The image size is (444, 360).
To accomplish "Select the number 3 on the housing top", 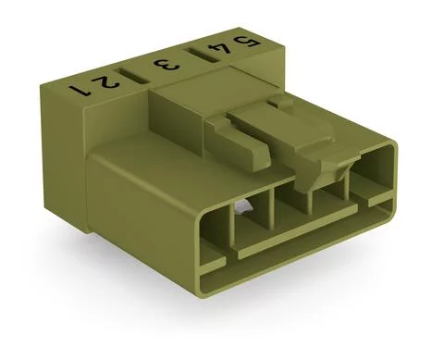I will (166, 66).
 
